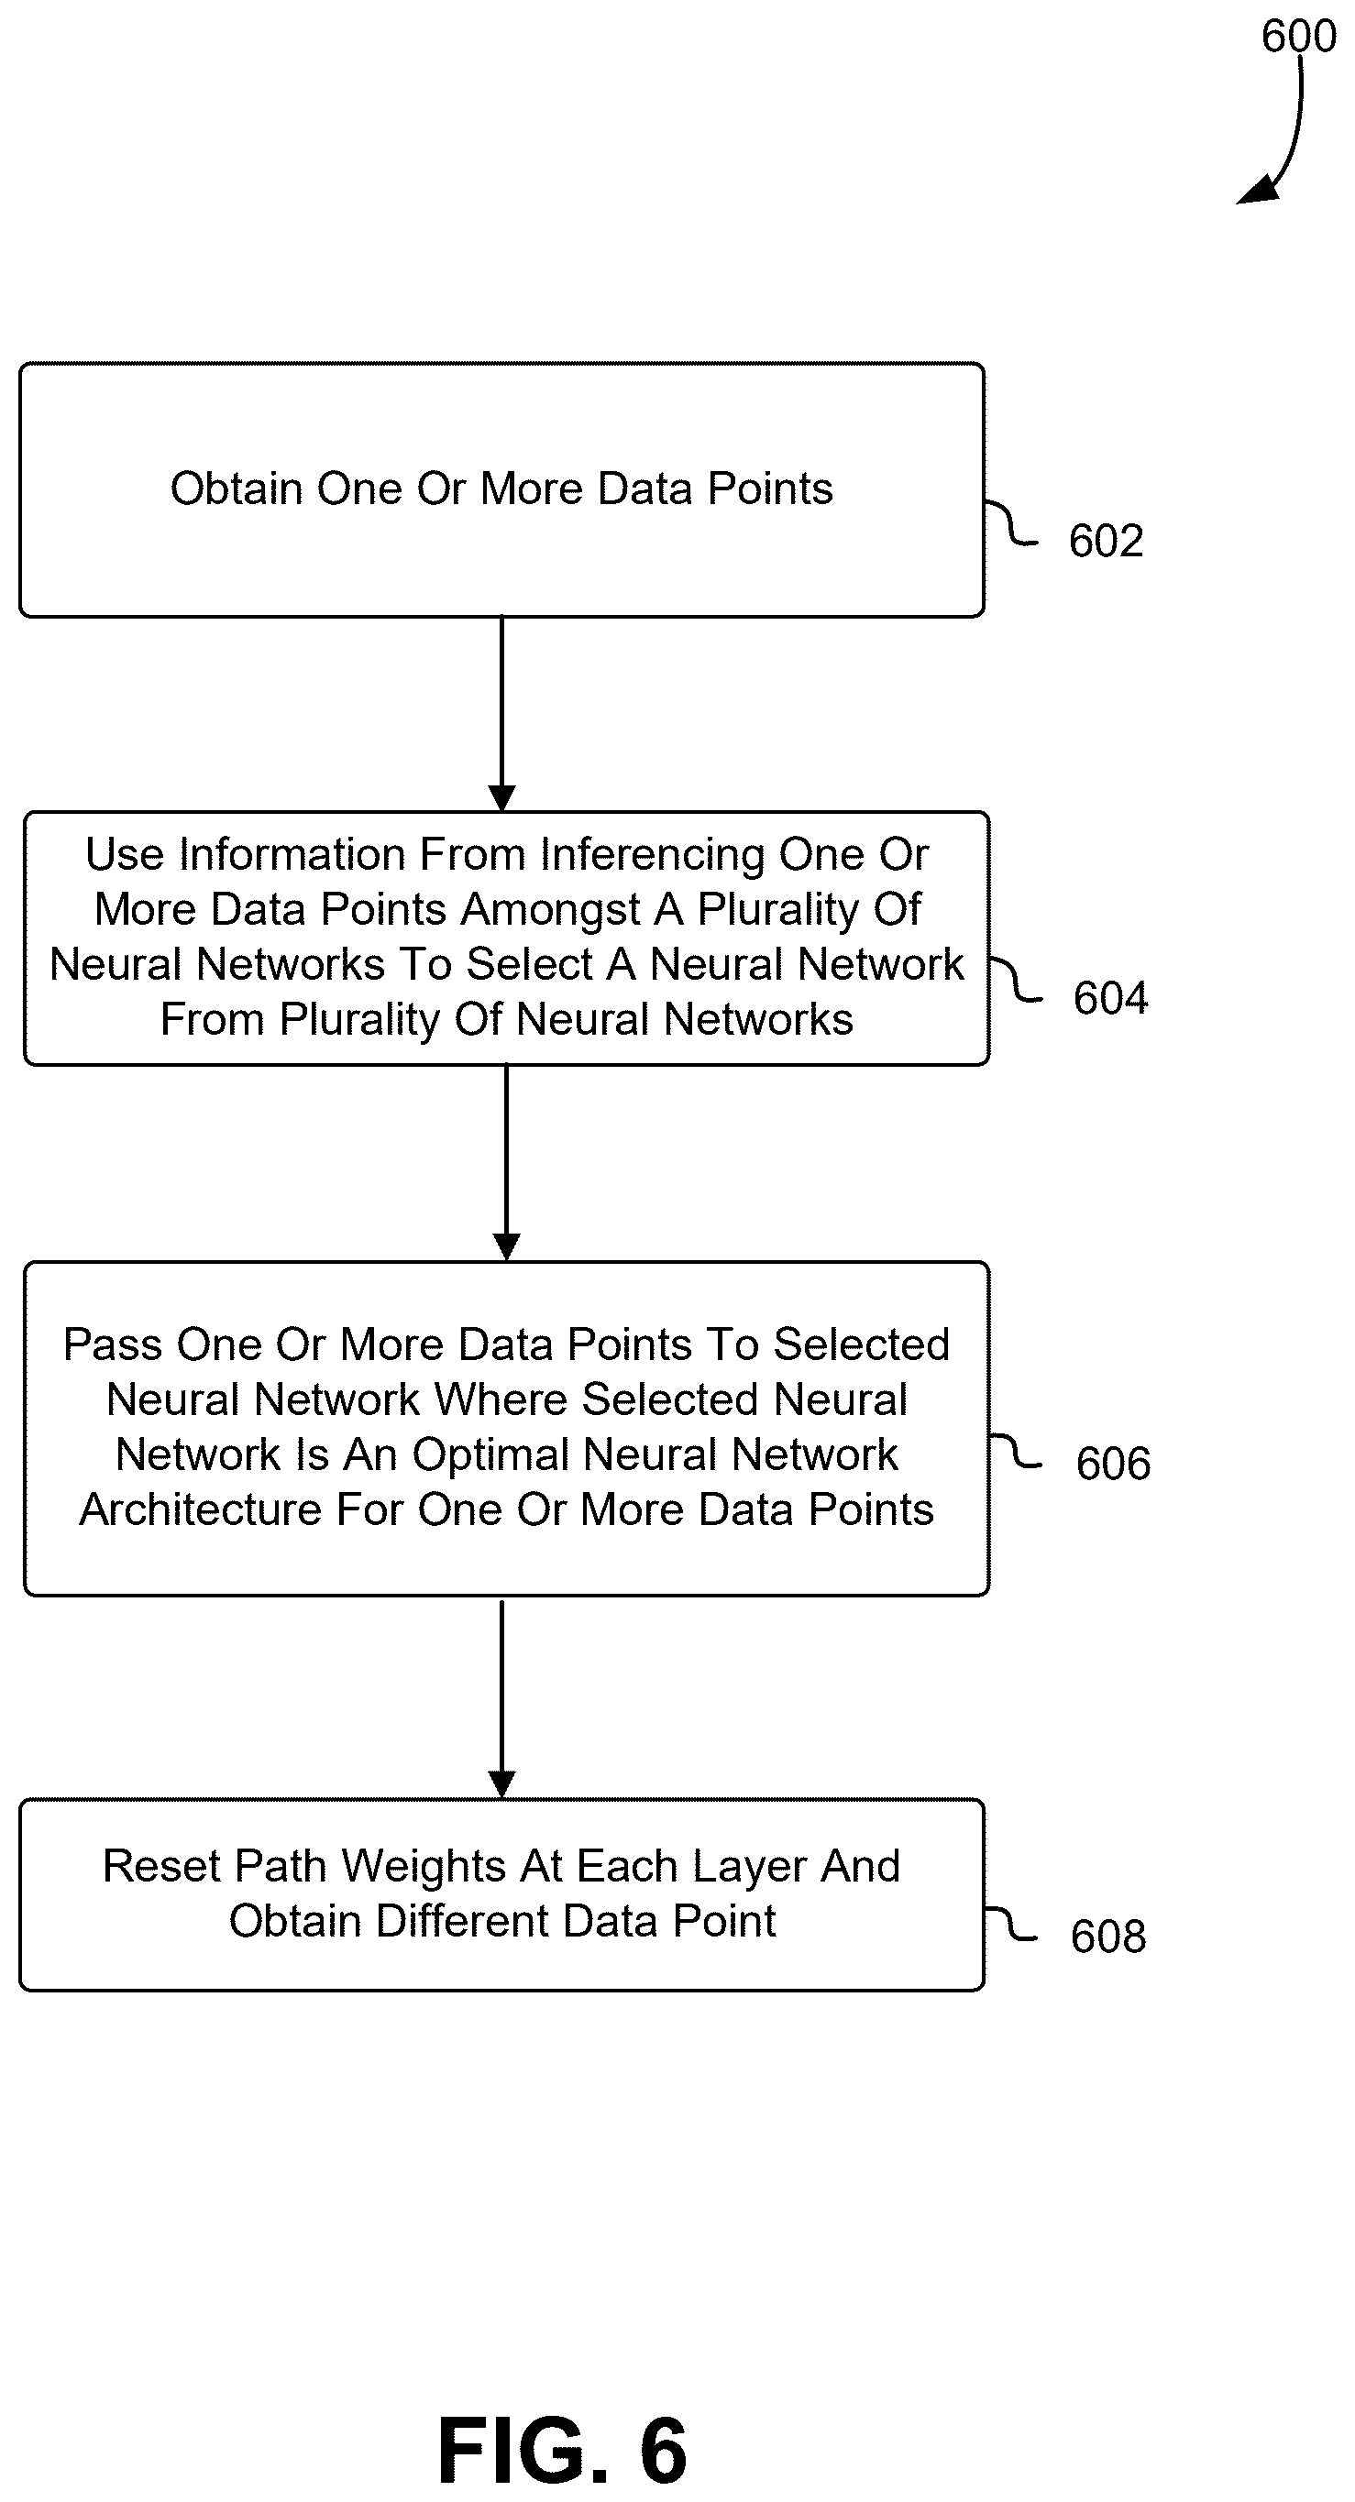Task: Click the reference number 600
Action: pos(1299,36)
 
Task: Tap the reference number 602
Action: pos(1107,541)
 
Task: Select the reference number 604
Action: pos(1110,998)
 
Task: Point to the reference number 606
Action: pos(1113,1464)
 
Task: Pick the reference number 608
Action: pos(1108,1937)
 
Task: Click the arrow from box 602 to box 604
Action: pos(501,714)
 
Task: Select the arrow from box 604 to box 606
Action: pos(506,1163)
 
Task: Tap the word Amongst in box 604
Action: pos(550,910)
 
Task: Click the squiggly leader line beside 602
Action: pos(1011,522)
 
